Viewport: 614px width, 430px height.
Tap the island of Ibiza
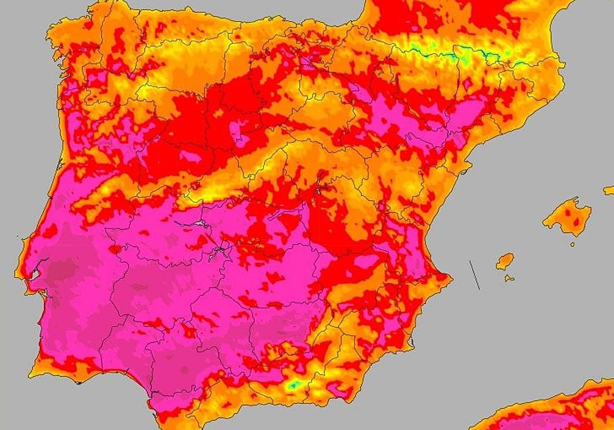[x=505, y=261]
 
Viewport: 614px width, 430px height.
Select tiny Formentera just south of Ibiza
[x=509, y=278]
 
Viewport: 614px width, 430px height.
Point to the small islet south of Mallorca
[x=572, y=244]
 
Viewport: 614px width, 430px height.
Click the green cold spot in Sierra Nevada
[x=293, y=384]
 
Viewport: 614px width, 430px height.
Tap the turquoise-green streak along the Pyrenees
[x=461, y=53]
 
